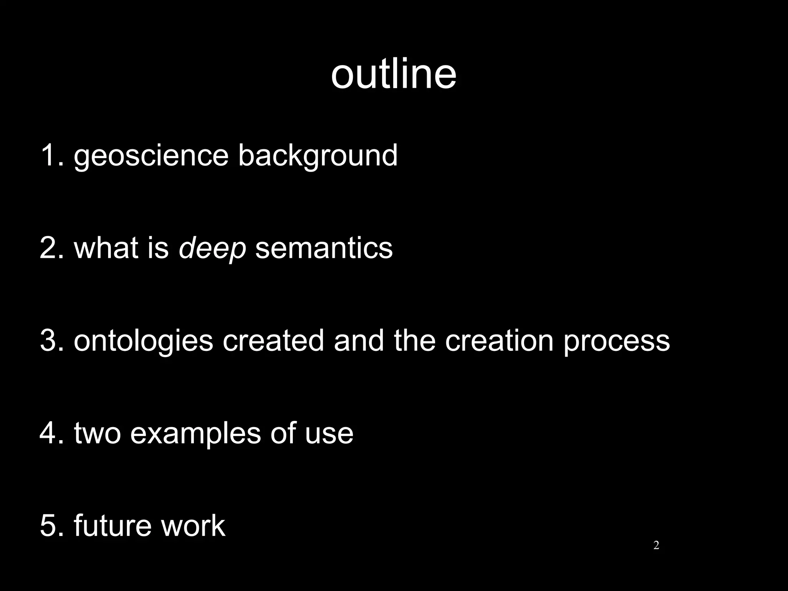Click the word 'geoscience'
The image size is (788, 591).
[x=151, y=155]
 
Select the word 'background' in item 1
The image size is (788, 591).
[x=318, y=155]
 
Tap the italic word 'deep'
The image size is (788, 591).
[x=212, y=249]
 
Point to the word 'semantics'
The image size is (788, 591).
[x=324, y=249]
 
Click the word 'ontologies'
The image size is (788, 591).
[x=143, y=341]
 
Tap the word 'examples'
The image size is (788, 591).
[x=195, y=434]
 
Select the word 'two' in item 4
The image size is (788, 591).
[x=97, y=433]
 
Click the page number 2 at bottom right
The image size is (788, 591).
[x=656, y=545]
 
